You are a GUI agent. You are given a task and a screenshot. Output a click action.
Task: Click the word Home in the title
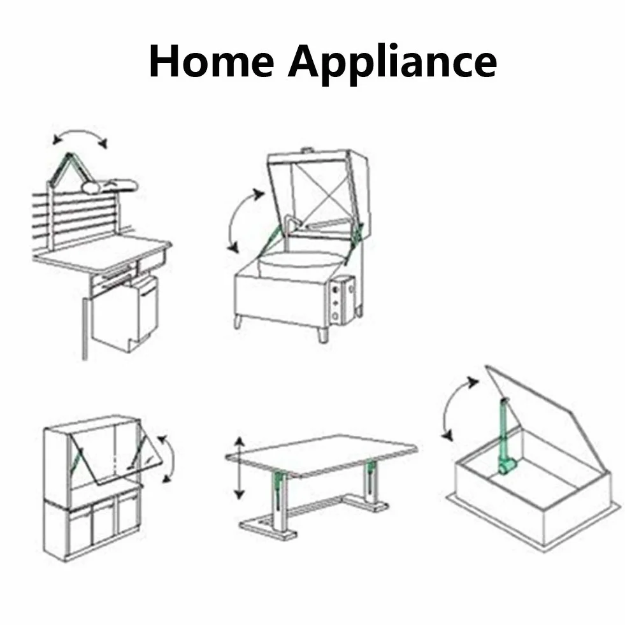(x=212, y=61)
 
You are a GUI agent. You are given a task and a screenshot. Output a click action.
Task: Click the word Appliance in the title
(x=392, y=64)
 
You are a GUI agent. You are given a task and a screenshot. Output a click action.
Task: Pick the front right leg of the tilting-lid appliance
(x=323, y=334)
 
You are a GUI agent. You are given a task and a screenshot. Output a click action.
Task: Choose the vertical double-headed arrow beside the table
(x=239, y=468)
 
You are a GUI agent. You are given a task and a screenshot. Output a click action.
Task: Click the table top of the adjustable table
(x=321, y=456)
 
